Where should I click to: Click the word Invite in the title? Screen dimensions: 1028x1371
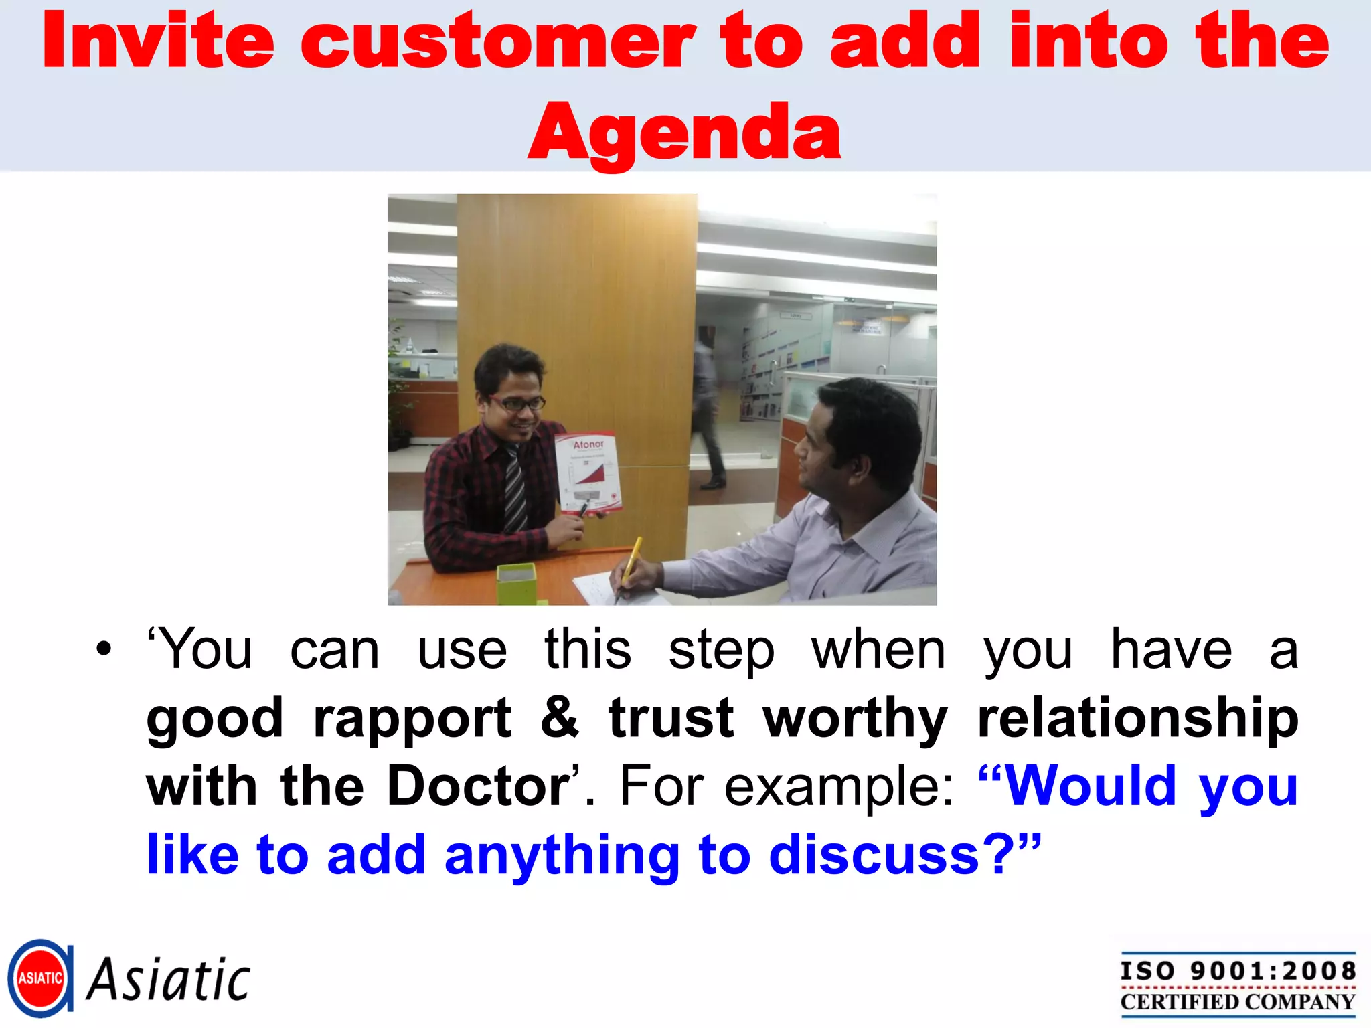point(158,41)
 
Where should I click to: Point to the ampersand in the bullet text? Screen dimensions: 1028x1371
point(560,717)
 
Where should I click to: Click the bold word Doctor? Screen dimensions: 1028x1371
point(478,786)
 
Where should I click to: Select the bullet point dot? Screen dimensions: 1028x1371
point(104,649)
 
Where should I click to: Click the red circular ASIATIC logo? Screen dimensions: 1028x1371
point(40,978)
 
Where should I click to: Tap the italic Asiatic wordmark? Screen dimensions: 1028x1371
point(169,979)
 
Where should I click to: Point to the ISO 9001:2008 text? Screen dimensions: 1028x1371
point(1238,970)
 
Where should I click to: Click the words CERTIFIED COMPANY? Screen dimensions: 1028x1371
point(1238,1002)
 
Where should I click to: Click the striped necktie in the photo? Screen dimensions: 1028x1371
point(514,489)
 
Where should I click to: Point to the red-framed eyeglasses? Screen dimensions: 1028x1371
point(517,403)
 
